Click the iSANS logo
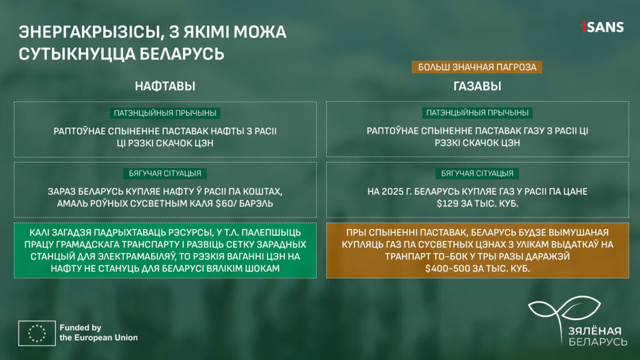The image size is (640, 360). point(602,27)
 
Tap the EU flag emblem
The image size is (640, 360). point(37,333)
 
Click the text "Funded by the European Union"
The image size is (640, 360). point(98,332)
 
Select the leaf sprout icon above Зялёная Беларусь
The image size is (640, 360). point(564,312)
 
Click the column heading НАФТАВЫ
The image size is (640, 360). point(165,86)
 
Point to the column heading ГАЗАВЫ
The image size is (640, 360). point(477,86)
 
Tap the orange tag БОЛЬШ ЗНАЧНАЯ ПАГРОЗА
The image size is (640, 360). point(477,67)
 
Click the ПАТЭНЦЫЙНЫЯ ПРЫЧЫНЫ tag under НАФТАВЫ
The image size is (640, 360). point(165,113)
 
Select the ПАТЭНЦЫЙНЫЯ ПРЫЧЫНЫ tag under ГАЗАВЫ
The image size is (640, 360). point(477,112)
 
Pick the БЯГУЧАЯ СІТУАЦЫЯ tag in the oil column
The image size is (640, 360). point(165,174)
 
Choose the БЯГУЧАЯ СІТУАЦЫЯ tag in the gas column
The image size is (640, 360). point(477,174)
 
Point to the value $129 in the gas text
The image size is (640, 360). point(447,203)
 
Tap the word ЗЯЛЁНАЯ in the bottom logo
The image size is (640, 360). point(595,331)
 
